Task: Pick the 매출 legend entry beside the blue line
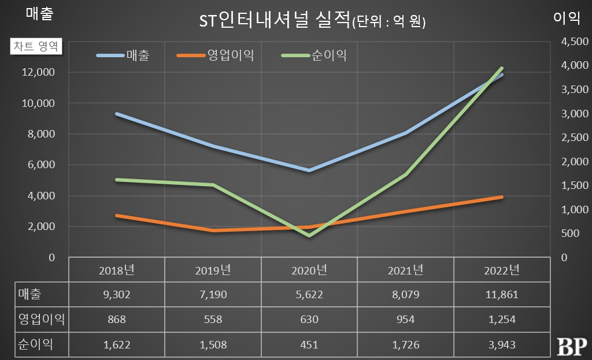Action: point(137,55)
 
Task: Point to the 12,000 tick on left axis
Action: point(39,72)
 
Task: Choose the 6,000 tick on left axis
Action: point(42,165)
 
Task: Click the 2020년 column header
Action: point(309,270)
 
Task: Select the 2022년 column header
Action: point(502,270)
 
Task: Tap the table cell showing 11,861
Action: point(502,295)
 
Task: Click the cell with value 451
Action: point(309,345)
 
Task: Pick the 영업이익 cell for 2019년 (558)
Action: point(213,320)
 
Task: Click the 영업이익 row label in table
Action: point(40,320)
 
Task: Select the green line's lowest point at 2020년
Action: point(309,235)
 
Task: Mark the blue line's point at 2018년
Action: point(117,114)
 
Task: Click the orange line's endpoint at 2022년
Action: point(502,197)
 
